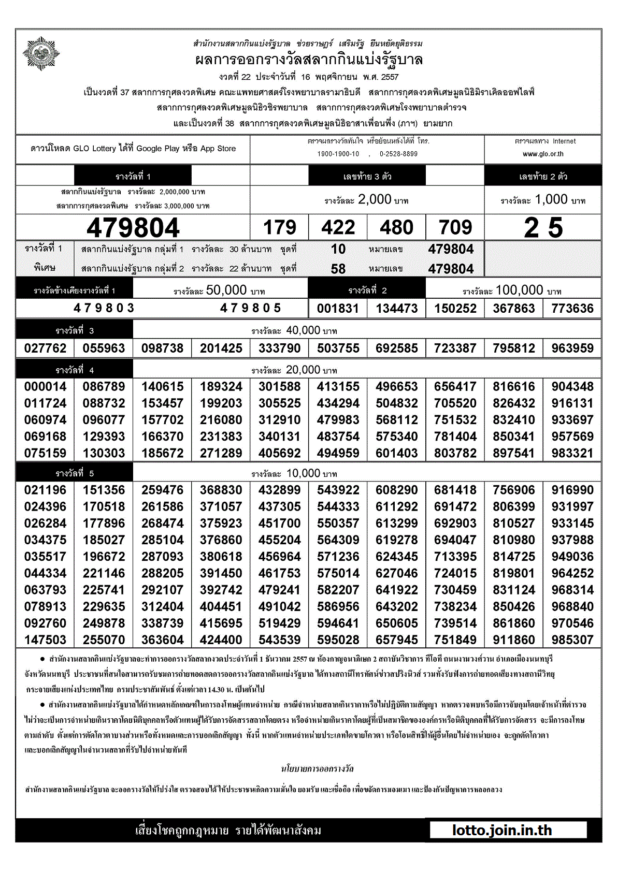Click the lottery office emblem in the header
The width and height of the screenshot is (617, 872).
click(x=41, y=53)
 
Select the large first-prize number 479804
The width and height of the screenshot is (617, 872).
click(x=133, y=228)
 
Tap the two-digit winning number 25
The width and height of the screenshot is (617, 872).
click(x=543, y=228)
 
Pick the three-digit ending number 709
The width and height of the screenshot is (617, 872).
click(x=455, y=228)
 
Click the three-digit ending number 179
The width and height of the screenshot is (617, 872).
click(x=280, y=228)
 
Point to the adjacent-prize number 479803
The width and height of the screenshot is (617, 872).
click(x=104, y=308)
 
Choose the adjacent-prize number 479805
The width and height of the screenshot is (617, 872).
click(x=251, y=308)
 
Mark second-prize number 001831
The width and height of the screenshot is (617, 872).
click(x=338, y=309)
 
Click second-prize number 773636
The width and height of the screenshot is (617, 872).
click(x=572, y=309)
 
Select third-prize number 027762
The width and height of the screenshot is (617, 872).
click(x=45, y=348)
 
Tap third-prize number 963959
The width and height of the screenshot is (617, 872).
click(x=572, y=348)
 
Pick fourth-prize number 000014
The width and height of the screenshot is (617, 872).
click(x=45, y=387)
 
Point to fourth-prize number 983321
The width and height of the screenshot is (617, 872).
click(x=572, y=453)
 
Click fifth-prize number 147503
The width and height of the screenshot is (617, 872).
click(x=45, y=640)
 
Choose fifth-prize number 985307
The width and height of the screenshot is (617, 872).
click(x=572, y=640)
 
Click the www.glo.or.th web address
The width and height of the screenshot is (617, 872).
click(x=543, y=154)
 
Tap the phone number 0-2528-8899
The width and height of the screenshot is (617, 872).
click(x=398, y=154)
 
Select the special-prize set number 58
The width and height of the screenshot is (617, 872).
click(x=338, y=269)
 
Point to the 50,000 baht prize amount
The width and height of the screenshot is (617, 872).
click(x=226, y=290)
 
